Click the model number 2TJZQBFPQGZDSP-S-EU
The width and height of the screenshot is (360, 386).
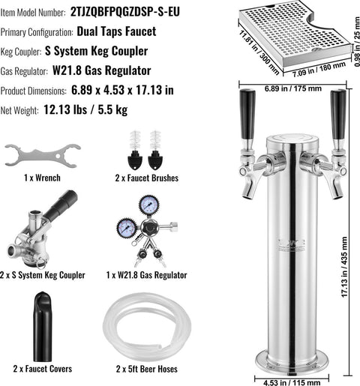pyautogui.click(x=125, y=12)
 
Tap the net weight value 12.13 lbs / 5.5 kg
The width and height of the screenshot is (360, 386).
pyautogui.click(x=85, y=109)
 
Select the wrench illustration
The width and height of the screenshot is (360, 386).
pyautogui.click(x=43, y=156)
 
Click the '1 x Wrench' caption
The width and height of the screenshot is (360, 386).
pyautogui.click(x=42, y=178)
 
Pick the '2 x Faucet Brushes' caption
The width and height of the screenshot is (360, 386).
pyautogui.click(x=147, y=178)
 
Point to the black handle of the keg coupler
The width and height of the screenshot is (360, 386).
pyautogui.click(x=62, y=206)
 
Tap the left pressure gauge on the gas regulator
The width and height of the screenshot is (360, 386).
pyautogui.click(x=127, y=229)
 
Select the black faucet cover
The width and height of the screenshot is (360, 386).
pyautogui.click(x=43, y=327)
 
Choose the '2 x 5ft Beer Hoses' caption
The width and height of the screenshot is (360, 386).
pyautogui.click(x=147, y=369)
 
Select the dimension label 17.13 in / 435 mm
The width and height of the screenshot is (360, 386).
pyautogui.click(x=344, y=267)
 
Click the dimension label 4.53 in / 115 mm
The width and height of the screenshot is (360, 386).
pyautogui.click(x=292, y=382)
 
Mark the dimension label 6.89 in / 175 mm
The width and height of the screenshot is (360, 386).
pyautogui.click(x=293, y=88)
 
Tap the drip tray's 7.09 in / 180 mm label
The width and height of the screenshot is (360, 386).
pyautogui.click(x=319, y=70)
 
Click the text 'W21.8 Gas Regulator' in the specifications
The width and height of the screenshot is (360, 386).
pyautogui.click(x=102, y=70)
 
